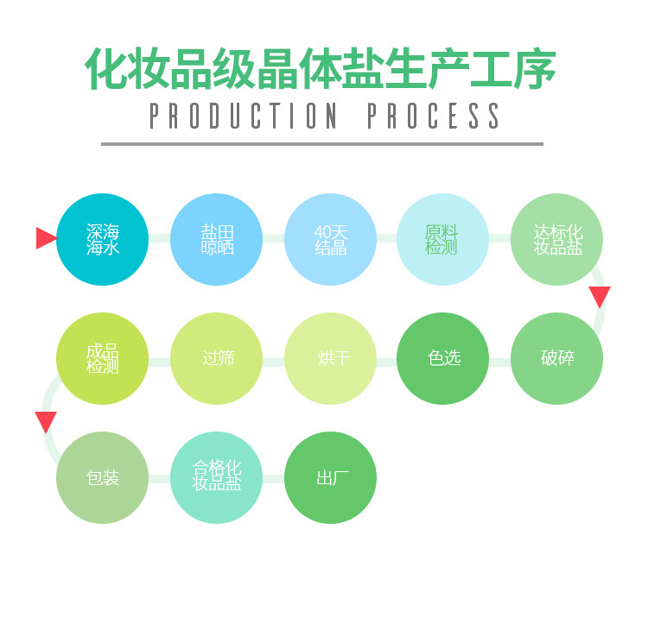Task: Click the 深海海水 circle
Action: (x=103, y=239)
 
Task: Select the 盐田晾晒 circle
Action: (x=217, y=239)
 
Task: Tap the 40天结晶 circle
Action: (x=330, y=239)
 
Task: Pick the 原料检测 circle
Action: (x=442, y=239)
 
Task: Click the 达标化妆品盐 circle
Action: (x=556, y=239)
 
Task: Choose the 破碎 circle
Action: (x=556, y=358)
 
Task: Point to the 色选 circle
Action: (x=442, y=358)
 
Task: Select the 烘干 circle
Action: (x=330, y=358)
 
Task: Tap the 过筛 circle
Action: (x=217, y=358)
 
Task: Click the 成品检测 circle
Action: (x=103, y=358)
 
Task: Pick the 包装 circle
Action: (x=103, y=477)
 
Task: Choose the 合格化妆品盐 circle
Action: (x=217, y=477)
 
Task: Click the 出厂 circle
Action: (x=330, y=477)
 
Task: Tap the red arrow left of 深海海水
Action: (x=46, y=238)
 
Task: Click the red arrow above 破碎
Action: (x=600, y=296)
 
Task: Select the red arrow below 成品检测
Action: (x=46, y=422)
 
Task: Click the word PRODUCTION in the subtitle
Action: (x=244, y=116)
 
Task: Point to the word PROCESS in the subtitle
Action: (x=434, y=116)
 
